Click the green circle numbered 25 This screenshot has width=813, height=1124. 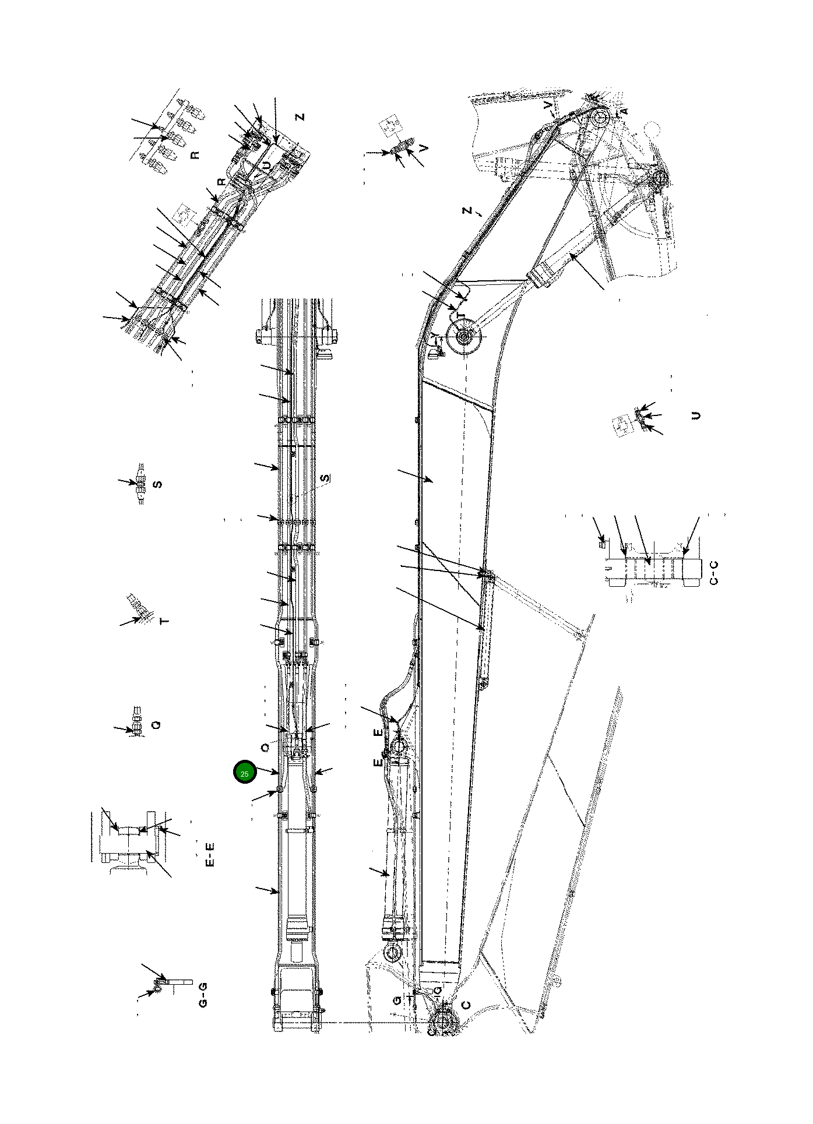coord(245,773)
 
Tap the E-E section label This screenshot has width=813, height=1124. coord(211,854)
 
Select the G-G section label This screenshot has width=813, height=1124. coord(203,996)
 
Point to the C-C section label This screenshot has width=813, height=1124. coord(715,572)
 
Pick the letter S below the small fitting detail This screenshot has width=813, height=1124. coord(157,484)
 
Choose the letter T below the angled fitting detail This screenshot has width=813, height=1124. coord(165,621)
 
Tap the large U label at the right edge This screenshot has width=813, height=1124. coord(695,415)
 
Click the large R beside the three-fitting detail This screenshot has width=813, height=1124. coord(195,155)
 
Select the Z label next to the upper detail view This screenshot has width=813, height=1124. coord(300,117)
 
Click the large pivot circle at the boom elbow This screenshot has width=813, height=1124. coord(464,337)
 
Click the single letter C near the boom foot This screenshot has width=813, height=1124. coord(466,1005)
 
